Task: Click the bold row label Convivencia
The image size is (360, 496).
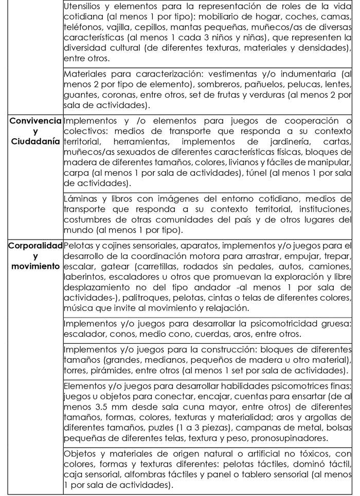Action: (35, 121)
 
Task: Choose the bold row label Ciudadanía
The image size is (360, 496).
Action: (35, 141)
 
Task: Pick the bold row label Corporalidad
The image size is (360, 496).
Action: (35, 245)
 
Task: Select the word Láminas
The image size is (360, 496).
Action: (81, 198)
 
